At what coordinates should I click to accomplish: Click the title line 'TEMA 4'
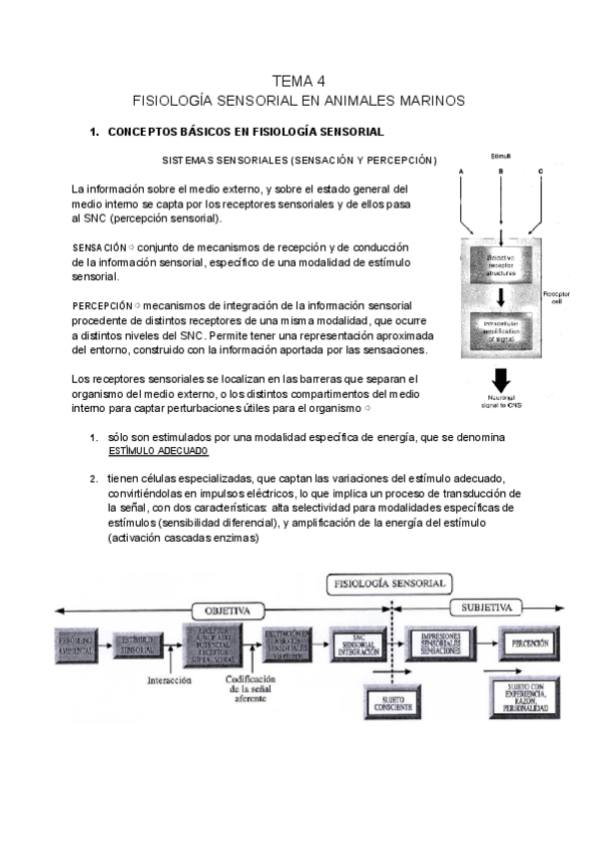pyautogui.click(x=299, y=81)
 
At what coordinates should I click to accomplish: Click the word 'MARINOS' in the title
pyautogui.click(x=426, y=101)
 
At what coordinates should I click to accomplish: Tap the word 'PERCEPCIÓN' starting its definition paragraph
pyautogui.click(x=102, y=304)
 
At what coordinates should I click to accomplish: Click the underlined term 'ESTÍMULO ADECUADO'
pyautogui.click(x=152, y=452)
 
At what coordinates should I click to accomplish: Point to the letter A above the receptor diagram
pyautogui.click(x=461, y=173)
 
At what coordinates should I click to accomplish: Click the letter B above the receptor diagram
pyautogui.click(x=501, y=173)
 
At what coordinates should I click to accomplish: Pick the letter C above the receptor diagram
pyautogui.click(x=540, y=173)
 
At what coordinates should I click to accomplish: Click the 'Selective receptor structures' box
pyautogui.click(x=501, y=263)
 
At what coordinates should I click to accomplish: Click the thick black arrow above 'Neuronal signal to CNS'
pyautogui.click(x=501, y=381)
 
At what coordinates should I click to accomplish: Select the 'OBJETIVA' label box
pyautogui.click(x=229, y=610)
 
